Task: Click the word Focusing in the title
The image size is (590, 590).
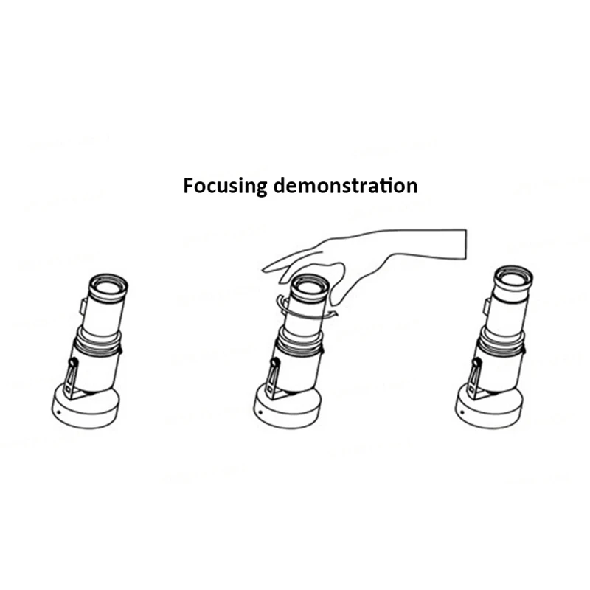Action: click(225, 186)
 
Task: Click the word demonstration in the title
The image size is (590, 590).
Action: click(344, 185)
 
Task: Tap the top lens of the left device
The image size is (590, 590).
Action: click(108, 285)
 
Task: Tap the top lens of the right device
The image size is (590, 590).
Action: click(513, 278)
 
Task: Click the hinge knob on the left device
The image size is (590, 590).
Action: click(72, 364)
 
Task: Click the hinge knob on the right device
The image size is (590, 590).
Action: click(477, 361)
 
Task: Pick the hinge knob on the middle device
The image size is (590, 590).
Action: click(274, 364)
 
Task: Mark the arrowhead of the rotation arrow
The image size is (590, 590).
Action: click(333, 315)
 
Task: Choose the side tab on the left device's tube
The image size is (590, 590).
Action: click(83, 305)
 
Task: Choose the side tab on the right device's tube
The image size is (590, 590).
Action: click(486, 305)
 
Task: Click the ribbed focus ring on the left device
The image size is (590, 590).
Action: click(99, 344)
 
